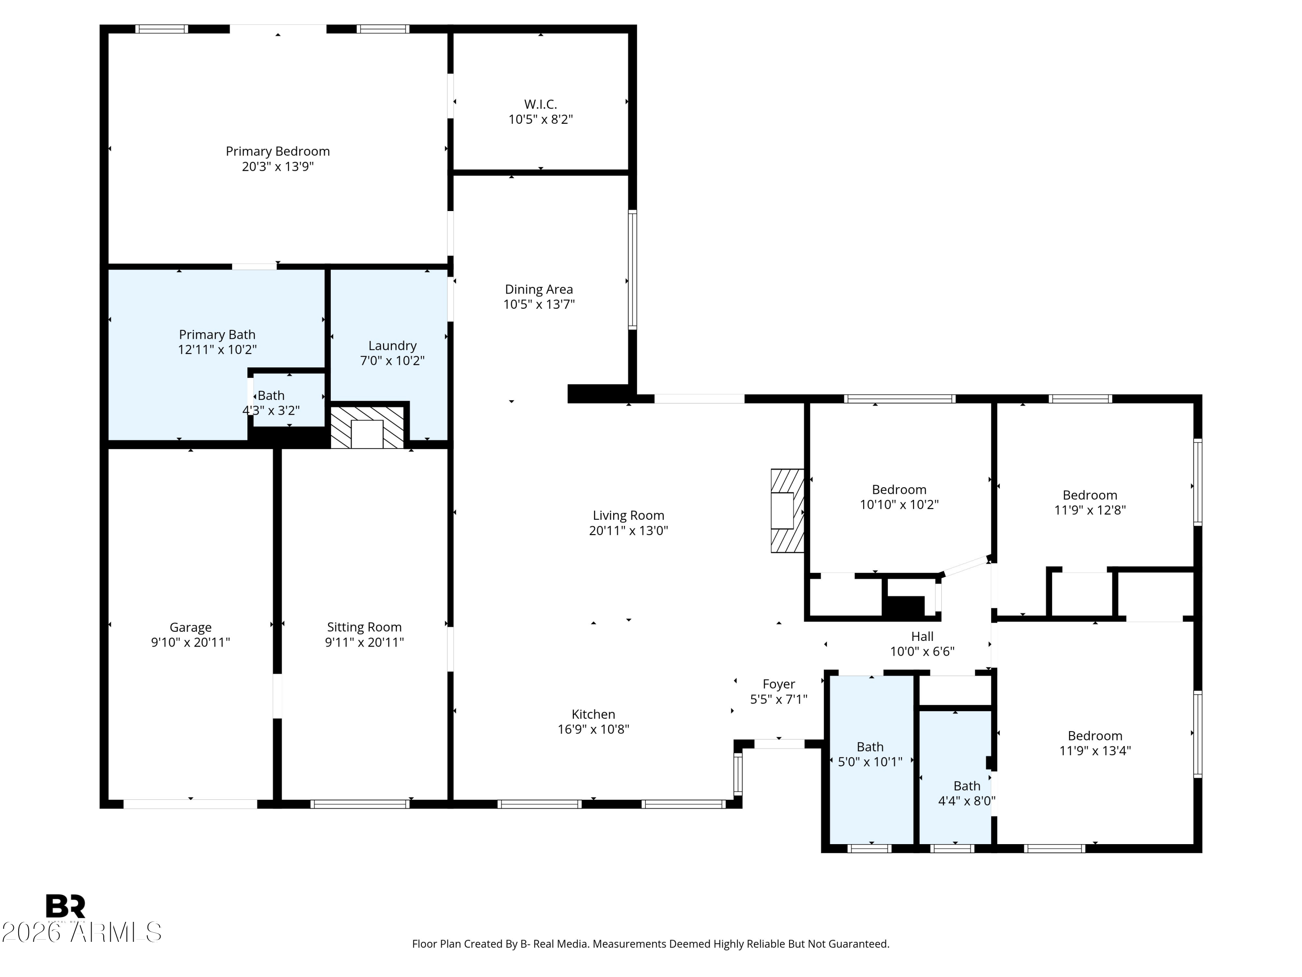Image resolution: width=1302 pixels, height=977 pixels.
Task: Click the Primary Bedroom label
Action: (277, 152)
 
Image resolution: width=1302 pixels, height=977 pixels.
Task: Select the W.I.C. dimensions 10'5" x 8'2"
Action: (540, 119)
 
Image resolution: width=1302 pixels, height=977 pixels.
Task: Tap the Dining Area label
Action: (539, 289)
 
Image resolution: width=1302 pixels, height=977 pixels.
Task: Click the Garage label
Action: (190, 627)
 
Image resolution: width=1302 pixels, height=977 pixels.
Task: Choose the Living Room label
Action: (628, 515)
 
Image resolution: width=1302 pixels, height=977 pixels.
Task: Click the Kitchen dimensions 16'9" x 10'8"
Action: (593, 729)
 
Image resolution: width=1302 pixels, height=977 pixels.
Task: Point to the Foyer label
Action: (778, 684)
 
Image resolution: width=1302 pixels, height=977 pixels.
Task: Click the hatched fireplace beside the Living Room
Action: (787, 511)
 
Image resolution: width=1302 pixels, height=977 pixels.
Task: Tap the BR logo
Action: (66, 906)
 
